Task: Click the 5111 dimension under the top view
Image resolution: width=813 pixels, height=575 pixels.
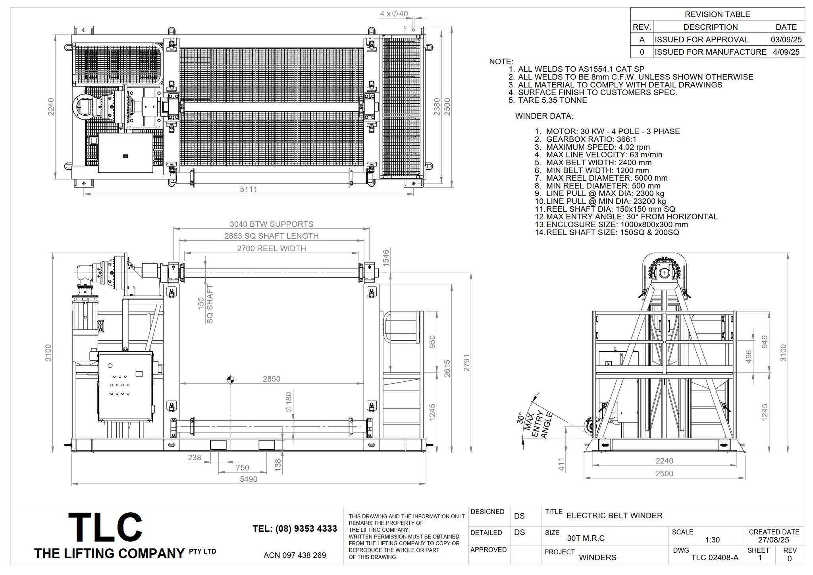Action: pyautogui.click(x=249, y=189)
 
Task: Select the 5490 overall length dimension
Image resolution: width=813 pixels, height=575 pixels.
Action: pyautogui.click(x=249, y=479)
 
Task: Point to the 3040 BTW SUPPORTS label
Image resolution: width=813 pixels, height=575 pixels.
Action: pyautogui.click(x=272, y=224)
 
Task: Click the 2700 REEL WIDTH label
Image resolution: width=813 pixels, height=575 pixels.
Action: pyautogui.click(x=272, y=249)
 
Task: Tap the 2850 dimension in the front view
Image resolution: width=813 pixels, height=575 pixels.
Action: pyautogui.click(x=272, y=379)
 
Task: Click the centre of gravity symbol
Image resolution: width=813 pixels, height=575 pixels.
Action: pyautogui.click(x=230, y=380)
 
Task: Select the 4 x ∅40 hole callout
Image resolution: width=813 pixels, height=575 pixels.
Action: pyautogui.click(x=394, y=14)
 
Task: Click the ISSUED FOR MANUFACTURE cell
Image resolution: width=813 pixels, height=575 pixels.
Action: pyautogui.click(x=711, y=52)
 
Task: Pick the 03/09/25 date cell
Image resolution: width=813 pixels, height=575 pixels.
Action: pyautogui.click(x=786, y=40)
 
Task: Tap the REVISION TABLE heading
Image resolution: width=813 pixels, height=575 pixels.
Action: pyautogui.click(x=717, y=14)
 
